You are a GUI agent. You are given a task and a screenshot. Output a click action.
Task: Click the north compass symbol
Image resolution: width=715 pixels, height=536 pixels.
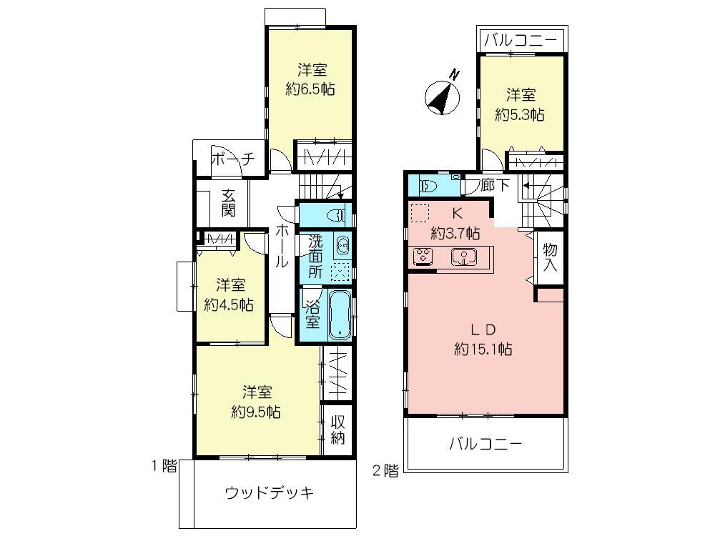[443, 96]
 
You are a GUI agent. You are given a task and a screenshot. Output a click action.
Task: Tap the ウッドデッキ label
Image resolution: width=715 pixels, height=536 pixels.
[270, 493]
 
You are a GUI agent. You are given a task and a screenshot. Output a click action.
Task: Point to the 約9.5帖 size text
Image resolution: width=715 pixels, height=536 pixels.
[255, 412]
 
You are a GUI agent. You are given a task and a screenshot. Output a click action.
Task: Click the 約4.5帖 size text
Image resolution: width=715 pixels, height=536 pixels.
[228, 304]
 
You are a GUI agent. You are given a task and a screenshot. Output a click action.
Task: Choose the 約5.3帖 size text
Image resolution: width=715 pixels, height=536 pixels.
[521, 114]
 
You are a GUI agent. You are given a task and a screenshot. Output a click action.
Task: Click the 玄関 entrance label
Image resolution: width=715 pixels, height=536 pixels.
[228, 202]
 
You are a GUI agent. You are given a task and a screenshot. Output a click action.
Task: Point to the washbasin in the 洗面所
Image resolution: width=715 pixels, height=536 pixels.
[342, 246]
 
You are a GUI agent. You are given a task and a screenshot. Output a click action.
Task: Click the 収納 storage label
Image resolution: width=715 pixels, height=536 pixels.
[337, 429]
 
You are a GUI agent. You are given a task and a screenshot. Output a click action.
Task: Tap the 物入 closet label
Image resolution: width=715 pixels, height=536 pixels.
[550, 257]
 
